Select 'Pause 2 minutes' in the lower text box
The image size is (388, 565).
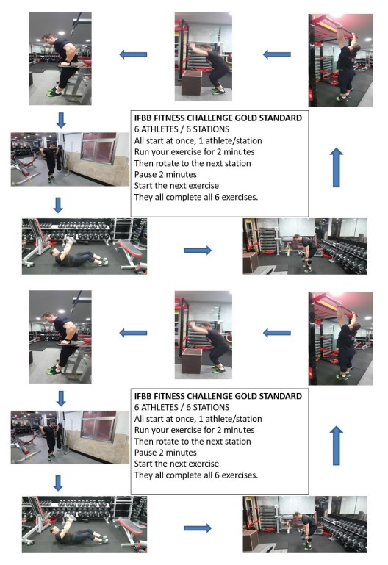tap(165, 453)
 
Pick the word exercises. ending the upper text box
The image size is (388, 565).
tap(240, 198)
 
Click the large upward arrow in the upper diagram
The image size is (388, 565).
tap(336, 168)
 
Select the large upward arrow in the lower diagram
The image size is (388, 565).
tap(336, 445)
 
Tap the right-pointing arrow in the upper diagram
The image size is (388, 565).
tap(198, 250)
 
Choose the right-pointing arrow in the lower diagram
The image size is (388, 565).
tap(198, 528)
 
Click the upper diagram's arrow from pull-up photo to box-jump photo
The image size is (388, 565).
tap(277, 55)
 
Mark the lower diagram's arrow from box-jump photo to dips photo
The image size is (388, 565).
tap(133, 333)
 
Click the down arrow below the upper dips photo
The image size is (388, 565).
tap(61, 120)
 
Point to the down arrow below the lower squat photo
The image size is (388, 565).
tap(58, 483)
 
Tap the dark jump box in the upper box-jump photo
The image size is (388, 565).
tap(191, 83)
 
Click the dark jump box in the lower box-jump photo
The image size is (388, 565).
tap(191, 361)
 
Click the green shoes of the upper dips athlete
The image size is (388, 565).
tap(53, 92)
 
